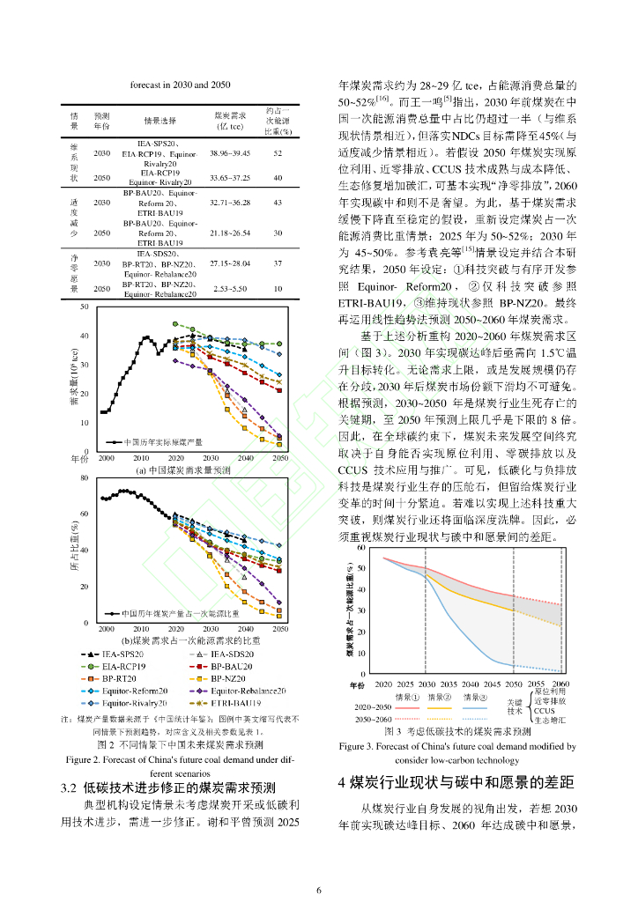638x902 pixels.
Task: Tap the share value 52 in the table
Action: click(278, 153)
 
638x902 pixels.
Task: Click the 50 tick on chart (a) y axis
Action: click(85, 306)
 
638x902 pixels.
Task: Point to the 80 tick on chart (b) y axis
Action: click(85, 478)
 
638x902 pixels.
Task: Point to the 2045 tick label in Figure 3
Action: click(492, 684)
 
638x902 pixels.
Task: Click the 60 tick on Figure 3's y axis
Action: click(361, 548)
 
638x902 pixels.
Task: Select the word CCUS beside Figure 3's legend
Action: click(544, 710)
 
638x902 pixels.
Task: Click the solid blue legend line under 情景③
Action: click(474, 707)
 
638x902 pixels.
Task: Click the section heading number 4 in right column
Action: click(343, 782)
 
